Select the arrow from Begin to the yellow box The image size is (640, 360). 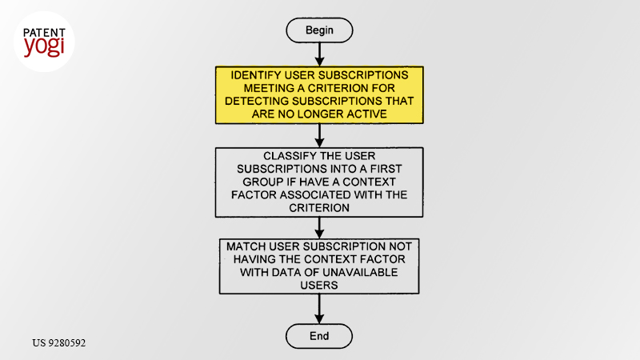(x=319, y=54)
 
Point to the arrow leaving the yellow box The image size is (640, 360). (x=319, y=135)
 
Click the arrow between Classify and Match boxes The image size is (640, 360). (x=319, y=228)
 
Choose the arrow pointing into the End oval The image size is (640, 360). (x=319, y=309)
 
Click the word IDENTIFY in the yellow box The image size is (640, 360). (x=256, y=75)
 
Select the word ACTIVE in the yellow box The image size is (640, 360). (x=366, y=114)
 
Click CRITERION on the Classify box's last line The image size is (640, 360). (x=319, y=208)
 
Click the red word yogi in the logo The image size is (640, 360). (x=44, y=46)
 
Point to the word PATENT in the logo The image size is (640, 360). (x=44, y=33)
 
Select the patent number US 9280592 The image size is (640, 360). (x=59, y=343)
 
